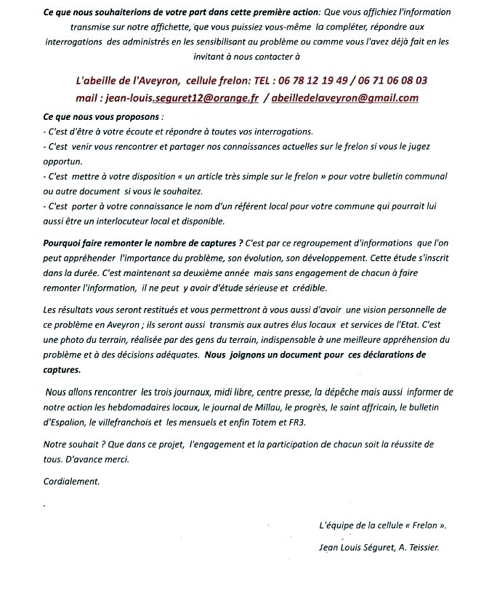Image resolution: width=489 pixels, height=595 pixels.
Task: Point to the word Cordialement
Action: coord(71,482)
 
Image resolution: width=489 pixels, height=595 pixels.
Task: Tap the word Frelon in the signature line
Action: coord(425,525)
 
